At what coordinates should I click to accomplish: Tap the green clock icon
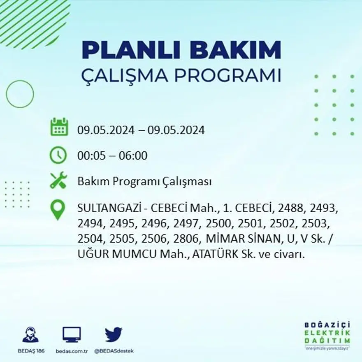tap(58, 155)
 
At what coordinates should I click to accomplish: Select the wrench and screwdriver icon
tap(58, 180)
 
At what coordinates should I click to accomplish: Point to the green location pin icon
tap(58, 209)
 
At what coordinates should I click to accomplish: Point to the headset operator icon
tap(31, 335)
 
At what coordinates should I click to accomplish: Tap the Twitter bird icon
tap(113, 334)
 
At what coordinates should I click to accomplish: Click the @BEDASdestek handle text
tap(114, 351)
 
